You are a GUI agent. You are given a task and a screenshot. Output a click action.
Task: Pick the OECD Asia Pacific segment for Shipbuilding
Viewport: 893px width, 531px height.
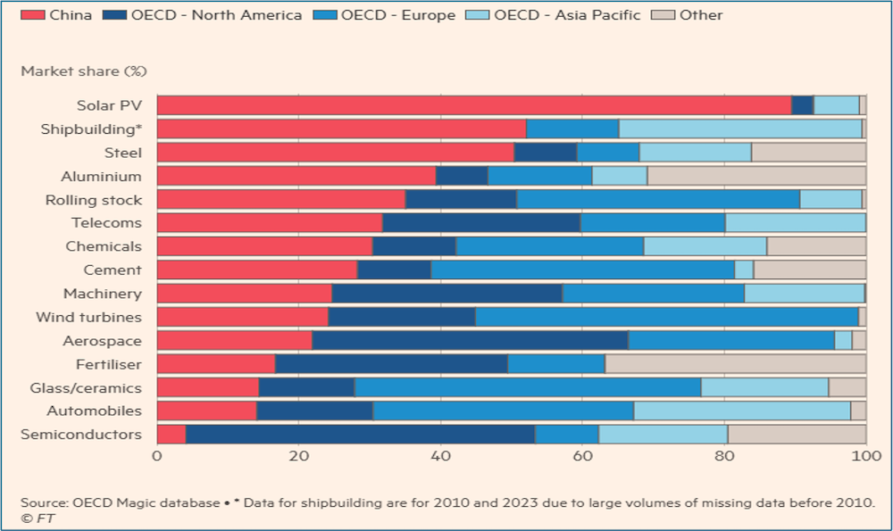740,129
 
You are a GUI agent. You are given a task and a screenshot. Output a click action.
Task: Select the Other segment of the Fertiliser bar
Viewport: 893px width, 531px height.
735,364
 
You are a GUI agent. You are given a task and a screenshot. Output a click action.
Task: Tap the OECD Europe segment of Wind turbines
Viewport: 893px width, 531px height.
666,317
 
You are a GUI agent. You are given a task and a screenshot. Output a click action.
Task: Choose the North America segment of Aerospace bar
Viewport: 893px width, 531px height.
470,340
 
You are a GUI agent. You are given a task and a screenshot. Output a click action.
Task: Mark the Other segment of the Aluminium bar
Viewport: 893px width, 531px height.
756,176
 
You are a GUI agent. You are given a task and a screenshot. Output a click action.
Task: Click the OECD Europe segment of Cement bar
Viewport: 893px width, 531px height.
582,270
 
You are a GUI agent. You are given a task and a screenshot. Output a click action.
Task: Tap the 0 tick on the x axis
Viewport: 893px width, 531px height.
157,456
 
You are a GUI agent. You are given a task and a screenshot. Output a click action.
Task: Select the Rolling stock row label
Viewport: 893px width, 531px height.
93,200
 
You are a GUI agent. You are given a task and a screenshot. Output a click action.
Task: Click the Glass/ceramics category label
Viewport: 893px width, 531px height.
86,387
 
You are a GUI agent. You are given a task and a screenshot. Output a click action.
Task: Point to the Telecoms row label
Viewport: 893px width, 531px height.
106,223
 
